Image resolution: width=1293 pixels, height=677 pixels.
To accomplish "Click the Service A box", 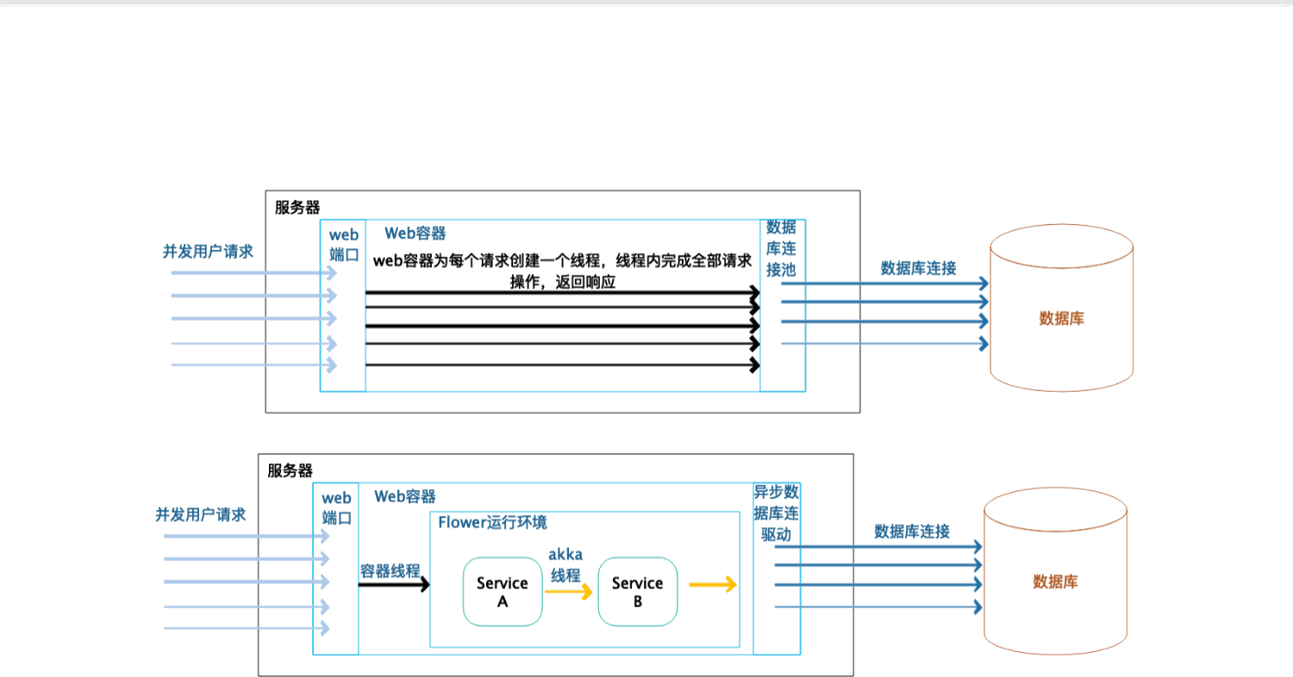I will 502,592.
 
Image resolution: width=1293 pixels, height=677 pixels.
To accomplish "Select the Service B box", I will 637,592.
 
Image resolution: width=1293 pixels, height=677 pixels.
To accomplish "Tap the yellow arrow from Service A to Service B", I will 569,592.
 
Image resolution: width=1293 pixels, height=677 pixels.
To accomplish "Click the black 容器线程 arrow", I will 394,585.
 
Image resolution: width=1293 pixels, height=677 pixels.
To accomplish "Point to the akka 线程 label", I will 565,565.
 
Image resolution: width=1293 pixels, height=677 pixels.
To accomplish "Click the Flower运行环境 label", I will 492,523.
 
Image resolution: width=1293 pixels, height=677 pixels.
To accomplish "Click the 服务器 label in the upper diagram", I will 297,208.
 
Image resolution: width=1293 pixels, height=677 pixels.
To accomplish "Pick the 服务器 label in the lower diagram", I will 290,471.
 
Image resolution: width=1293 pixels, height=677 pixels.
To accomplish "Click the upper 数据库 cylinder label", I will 1061,319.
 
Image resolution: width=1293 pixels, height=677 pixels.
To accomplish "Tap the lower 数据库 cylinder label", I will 1055,582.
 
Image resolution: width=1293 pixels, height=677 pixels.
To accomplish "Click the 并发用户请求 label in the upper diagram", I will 209,252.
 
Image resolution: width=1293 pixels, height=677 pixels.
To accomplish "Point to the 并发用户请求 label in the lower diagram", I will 201,515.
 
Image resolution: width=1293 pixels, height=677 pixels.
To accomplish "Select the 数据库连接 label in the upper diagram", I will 918,268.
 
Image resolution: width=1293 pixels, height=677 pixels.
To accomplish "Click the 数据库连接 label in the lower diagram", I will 912,531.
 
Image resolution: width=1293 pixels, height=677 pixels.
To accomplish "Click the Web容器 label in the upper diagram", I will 415,233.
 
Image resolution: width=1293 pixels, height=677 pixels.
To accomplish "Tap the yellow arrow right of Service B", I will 713,585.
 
